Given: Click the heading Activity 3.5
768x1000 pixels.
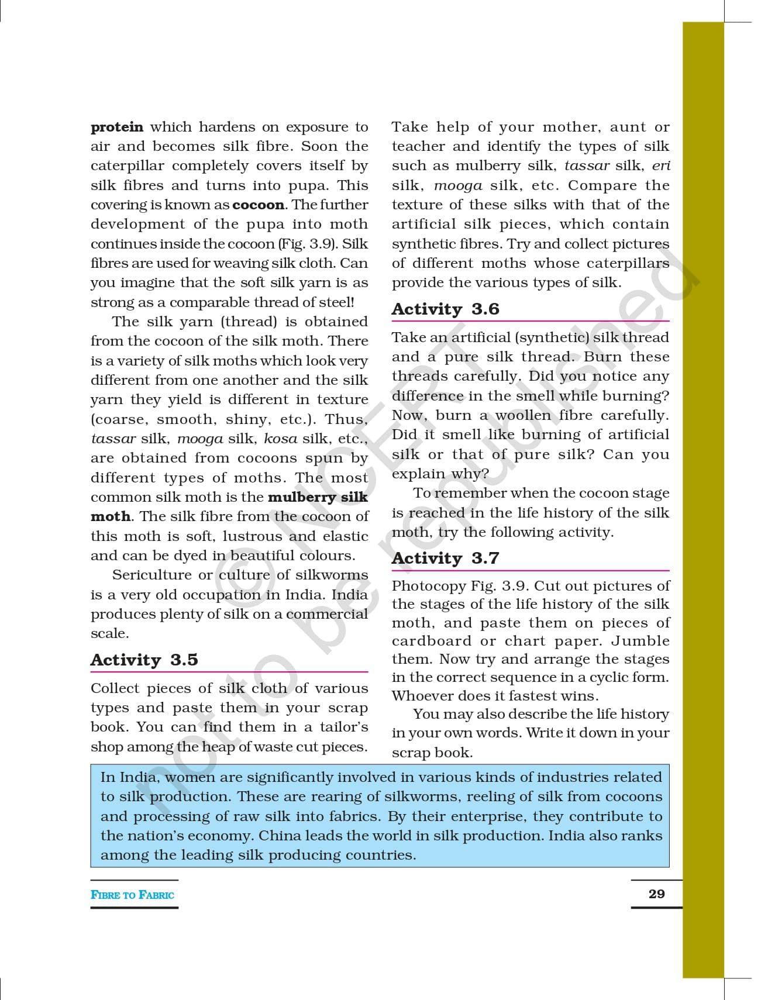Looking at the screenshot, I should pyautogui.click(x=144, y=660).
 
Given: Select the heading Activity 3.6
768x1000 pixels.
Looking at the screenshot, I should pyautogui.click(x=445, y=309).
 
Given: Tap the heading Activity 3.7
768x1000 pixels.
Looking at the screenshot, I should pyautogui.click(x=445, y=558).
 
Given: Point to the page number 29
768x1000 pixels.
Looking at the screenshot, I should pyautogui.click(x=656, y=894).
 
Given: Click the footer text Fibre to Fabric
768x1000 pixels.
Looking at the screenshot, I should pyautogui.click(x=132, y=895).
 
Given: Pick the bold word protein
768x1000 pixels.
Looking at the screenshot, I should pyautogui.click(x=117, y=127).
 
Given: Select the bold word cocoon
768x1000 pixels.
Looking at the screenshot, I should pyautogui.click(x=259, y=205).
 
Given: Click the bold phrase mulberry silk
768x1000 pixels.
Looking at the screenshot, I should pyautogui.click(x=318, y=497).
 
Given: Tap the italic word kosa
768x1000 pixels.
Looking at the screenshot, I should pyautogui.click(x=280, y=439).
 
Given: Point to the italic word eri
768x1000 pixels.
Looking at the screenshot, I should pyautogui.click(x=660, y=166).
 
